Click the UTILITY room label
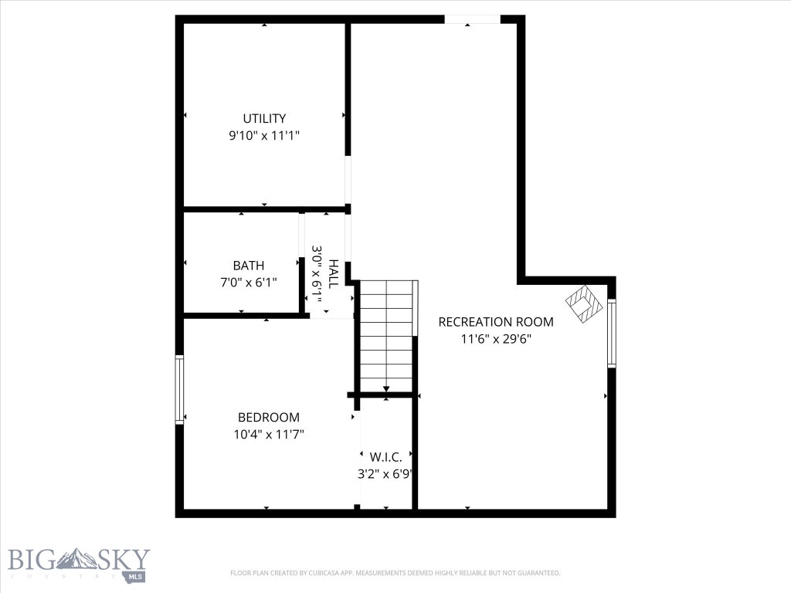pos(264,119)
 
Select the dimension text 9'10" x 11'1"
pos(264,135)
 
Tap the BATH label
pos(248,266)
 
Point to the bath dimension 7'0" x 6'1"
pos(248,283)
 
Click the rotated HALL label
pos(334,273)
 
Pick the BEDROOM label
pos(268,417)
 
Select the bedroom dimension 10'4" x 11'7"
pos(268,435)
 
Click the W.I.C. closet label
pos(385,457)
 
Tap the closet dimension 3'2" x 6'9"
pos(384,474)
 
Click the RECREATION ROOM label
pos(496,322)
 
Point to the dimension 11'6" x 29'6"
pos(496,338)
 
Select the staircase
pos(386,336)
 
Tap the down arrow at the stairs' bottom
pos(386,388)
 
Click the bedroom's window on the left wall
pos(180,389)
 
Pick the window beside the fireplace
pos(611,333)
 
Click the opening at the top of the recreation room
pos(472,19)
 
